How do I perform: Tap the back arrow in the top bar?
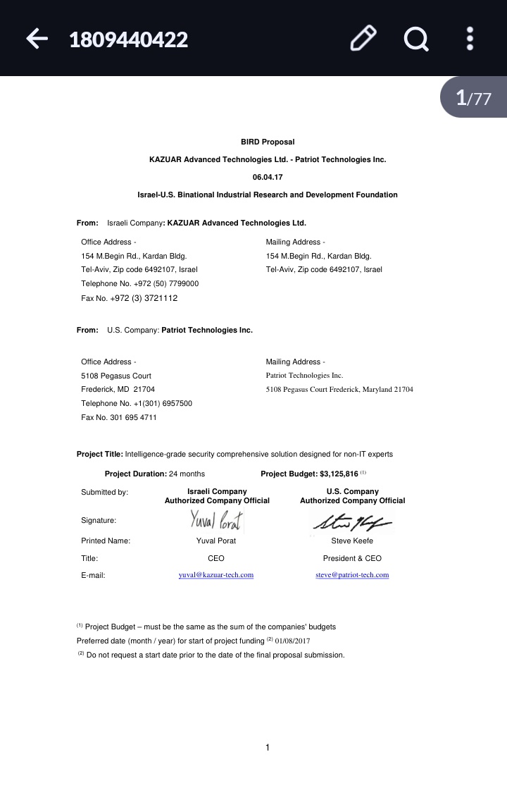tap(37, 39)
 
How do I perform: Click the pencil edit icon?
tap(363, 39)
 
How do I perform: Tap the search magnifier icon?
tap(416, 39)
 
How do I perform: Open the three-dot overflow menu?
tap(470, 39)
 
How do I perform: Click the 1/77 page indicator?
tap(474, 97)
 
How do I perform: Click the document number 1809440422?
tap(128, 39)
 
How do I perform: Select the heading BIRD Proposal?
tap(268, 142)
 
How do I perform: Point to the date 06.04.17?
tap(268, 177)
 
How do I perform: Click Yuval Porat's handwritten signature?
tap(216, 521)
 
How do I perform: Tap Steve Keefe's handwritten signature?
tap(351, 522)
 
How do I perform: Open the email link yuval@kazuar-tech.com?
tap(216, 575)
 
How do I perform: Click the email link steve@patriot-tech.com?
tap(352, 575)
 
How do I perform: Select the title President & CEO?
tap(352, 558)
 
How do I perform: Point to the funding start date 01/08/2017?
tap(292, 641)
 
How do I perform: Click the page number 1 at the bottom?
tap(268, 748)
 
